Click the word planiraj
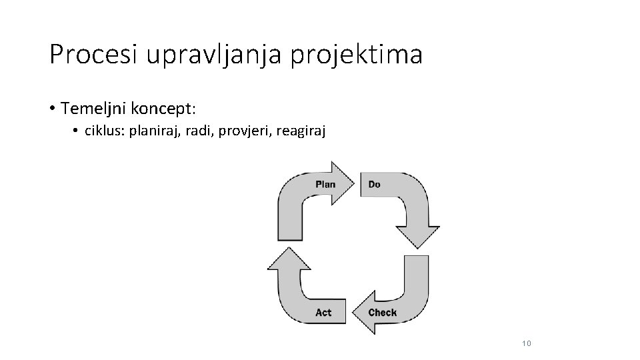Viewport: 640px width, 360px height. pyautogui.click(x=157, y=132)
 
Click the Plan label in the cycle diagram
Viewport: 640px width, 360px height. pyautogui.click(x=325, y=184)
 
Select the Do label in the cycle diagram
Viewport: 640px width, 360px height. pyautogui.click(x=375, y=184)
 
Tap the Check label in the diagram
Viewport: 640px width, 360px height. pyautogui.click(x=383, y=312)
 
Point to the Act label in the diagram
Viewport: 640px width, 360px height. pyautogui.click(x=323, y=312)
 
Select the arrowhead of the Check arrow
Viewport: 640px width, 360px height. pyautogui.click(x=365, y=313)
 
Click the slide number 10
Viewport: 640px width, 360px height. pyautogui.click(x=527, y=343)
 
